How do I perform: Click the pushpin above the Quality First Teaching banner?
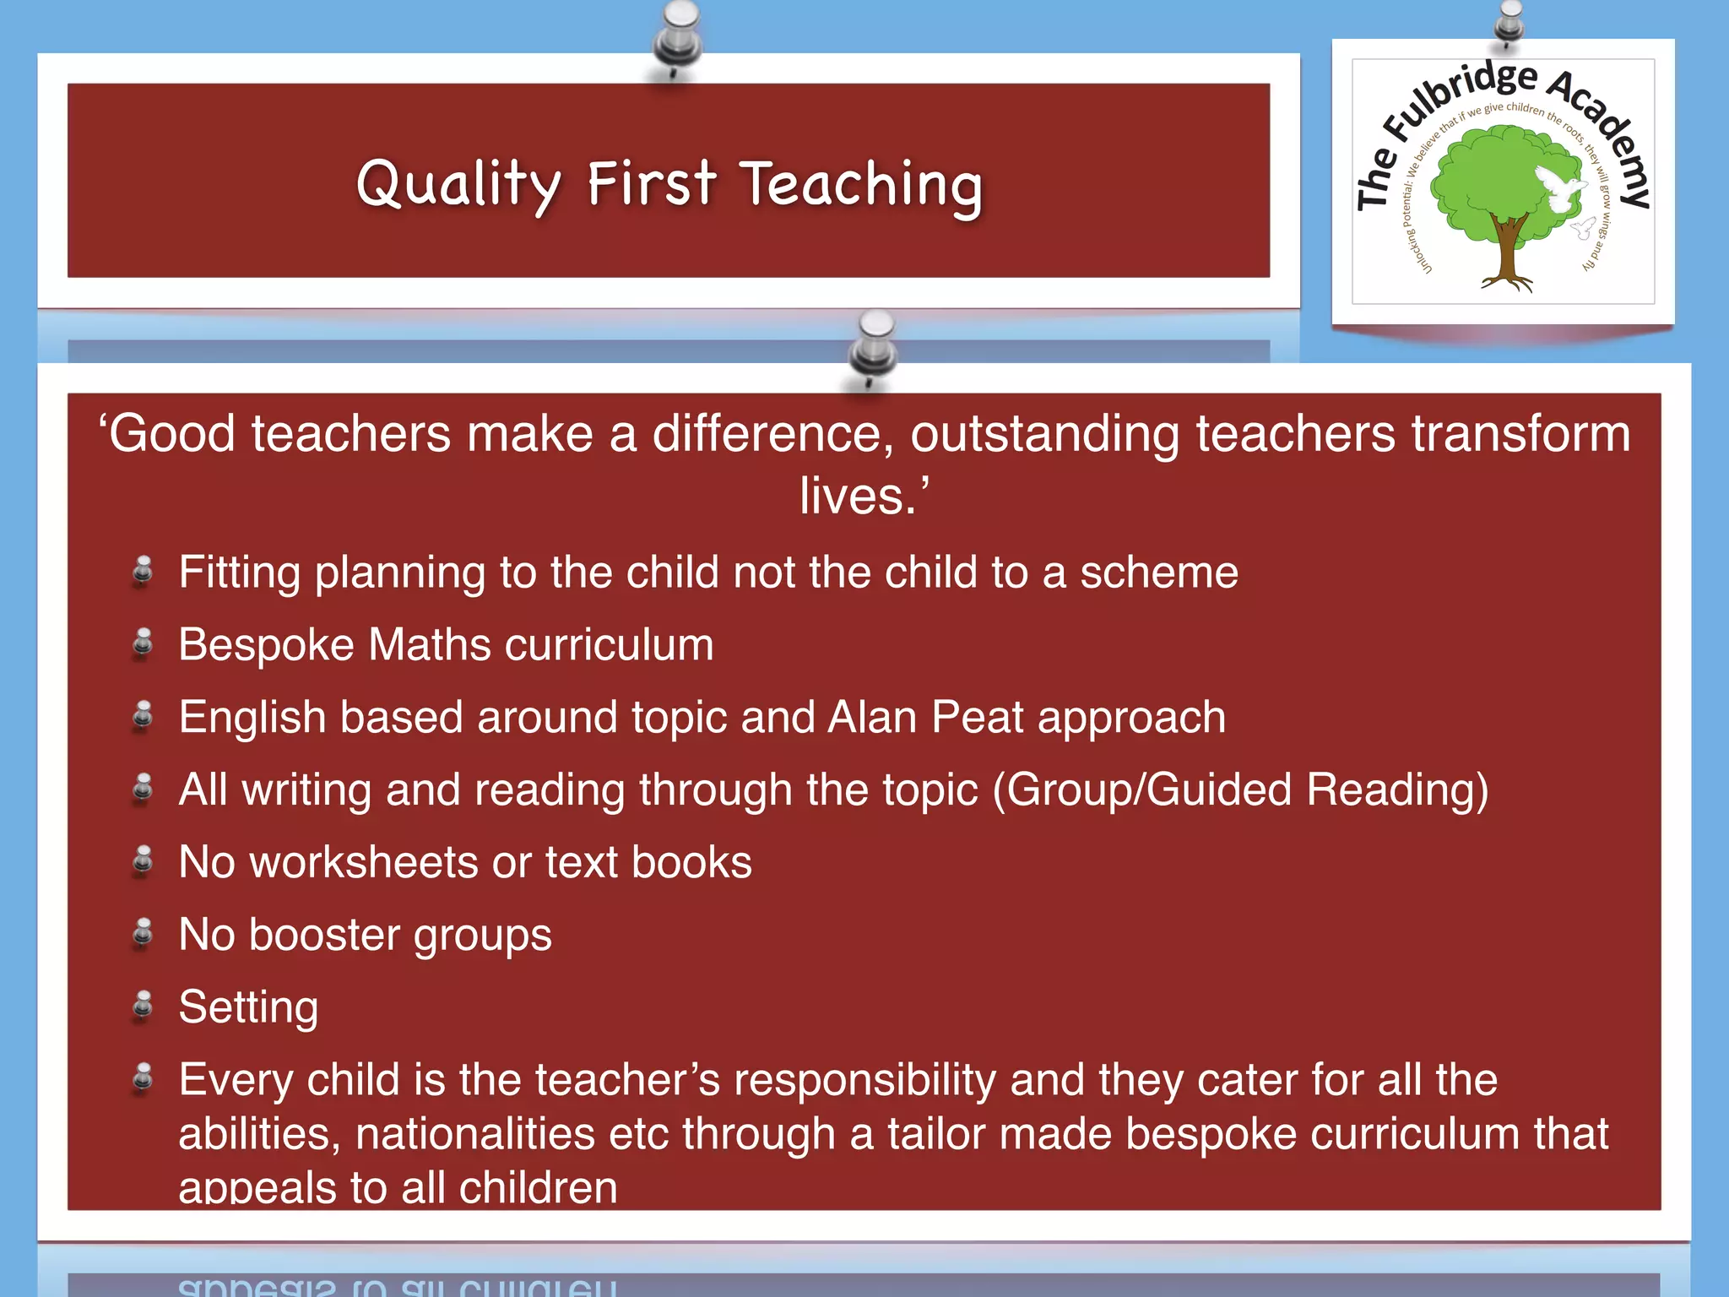coord(677,38)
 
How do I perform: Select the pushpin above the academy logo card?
coord(1509,21)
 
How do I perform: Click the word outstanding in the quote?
coord(1044,434)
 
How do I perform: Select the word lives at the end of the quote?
coord(853,496)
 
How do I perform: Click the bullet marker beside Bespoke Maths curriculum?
coord(144,644)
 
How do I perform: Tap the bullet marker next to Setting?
coord(144,1006)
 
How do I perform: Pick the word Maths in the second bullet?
coord(430,645)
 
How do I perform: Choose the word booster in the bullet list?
coord(324,935)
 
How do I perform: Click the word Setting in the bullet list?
coord(248,1007)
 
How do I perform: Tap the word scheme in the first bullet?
coord(1158,573)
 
